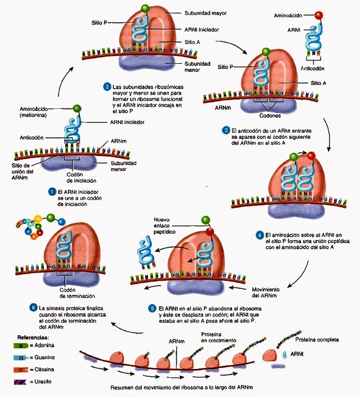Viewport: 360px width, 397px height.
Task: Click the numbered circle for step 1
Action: click(52, 192)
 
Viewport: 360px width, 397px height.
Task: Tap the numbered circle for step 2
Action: click(107, 86)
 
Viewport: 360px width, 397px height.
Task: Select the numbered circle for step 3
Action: click(226, 130)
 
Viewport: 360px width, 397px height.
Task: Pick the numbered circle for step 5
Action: click(152, 308)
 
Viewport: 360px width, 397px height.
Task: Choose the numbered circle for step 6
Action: click(34, 307)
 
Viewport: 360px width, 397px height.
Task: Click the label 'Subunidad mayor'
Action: click(206, 12)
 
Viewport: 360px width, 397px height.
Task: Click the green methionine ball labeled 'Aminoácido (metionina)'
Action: click(78, 109)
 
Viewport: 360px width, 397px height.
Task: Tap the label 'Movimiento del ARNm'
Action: click(266, 292)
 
